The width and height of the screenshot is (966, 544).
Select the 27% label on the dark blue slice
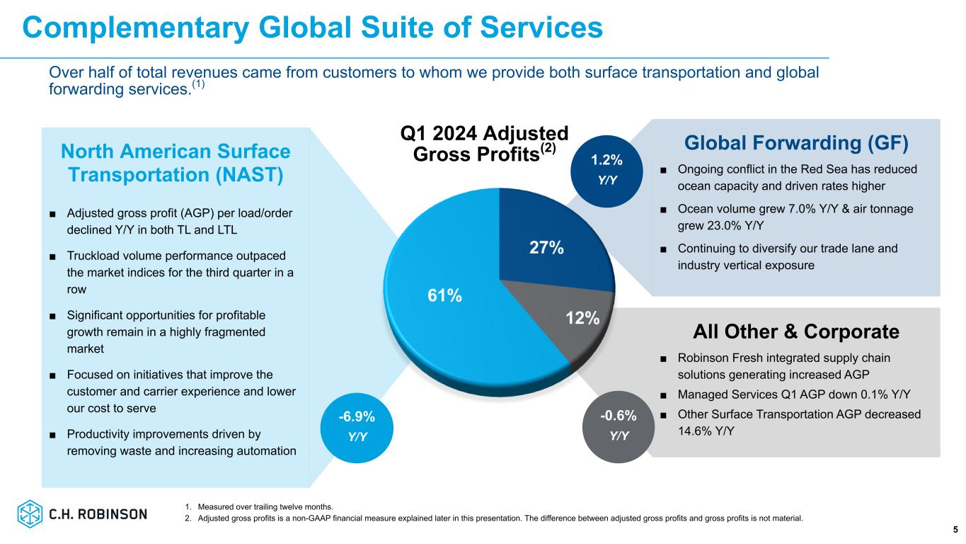tap(546, 248)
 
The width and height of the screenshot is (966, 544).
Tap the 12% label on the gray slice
tap(582, 319)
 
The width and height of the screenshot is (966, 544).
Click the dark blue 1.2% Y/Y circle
tap(606, 171)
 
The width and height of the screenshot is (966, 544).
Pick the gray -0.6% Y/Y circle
tap(619, 426)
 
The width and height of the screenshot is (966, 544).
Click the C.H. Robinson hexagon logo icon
tap(30, 514)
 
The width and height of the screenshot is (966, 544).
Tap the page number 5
tap(955, 529)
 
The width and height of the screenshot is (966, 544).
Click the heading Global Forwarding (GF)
tap(795, 143)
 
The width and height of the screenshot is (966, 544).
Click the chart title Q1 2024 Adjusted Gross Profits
tap(484, 144)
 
